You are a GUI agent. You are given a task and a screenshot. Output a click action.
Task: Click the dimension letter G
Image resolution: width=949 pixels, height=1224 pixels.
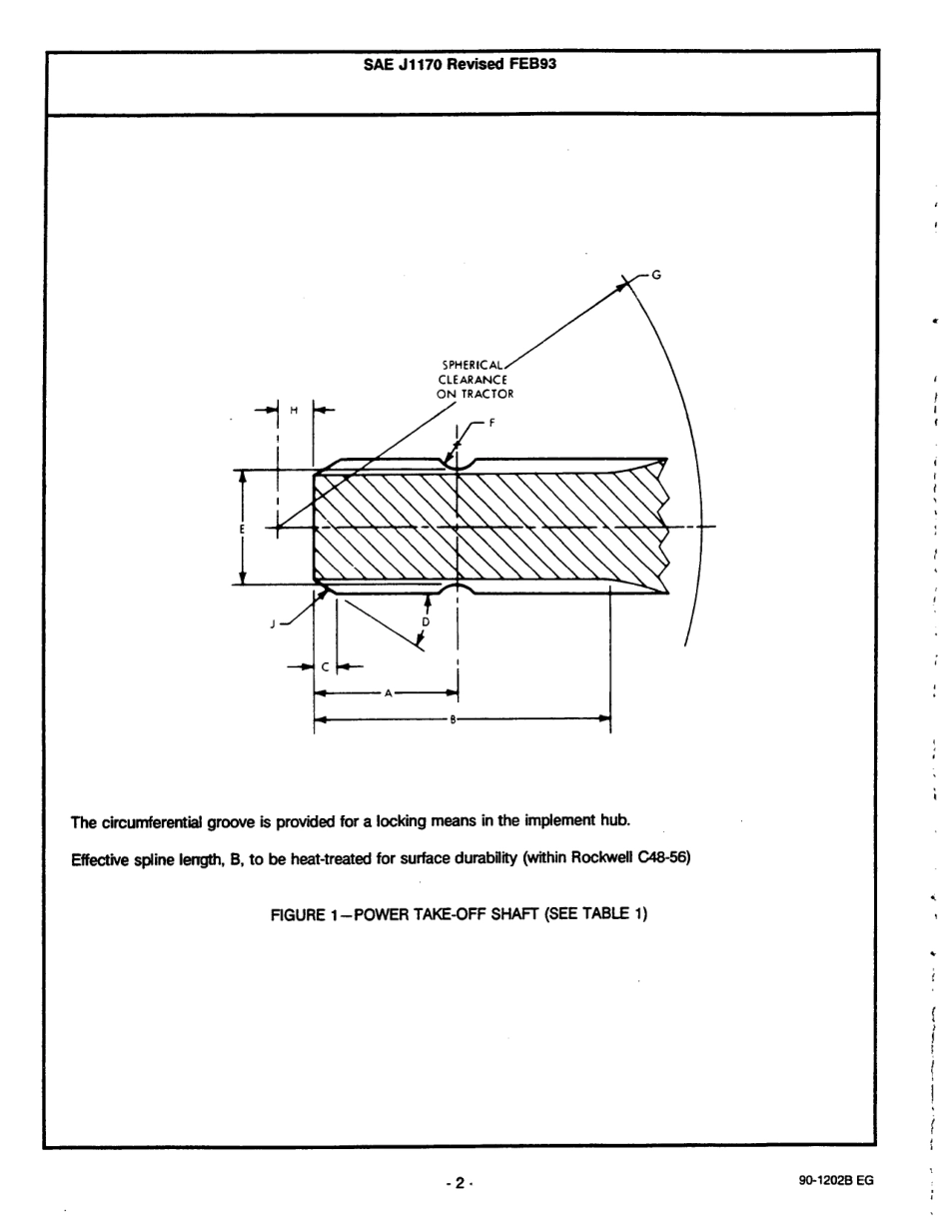(656, 274)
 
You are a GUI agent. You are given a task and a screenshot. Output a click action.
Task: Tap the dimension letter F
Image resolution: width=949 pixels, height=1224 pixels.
(491, 423)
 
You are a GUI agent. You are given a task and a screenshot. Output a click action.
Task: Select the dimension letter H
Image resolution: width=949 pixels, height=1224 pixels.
(294, 410)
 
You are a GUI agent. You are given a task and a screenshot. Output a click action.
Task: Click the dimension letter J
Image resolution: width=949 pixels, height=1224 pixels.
(273, 623)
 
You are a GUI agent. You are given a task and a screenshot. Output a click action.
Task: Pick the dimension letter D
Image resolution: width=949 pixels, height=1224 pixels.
(426, 621)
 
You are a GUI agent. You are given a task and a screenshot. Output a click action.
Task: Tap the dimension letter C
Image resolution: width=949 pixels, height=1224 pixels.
(326, 667)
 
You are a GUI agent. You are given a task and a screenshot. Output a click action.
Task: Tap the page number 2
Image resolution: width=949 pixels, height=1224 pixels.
(460, 1183)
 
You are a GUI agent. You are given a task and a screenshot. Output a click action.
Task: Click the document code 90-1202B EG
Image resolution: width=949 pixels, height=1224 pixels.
(836, 1180)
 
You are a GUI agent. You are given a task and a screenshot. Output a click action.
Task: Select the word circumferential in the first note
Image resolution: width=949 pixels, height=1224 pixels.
(152, 821)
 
